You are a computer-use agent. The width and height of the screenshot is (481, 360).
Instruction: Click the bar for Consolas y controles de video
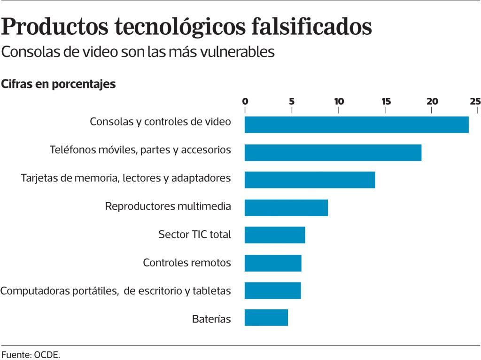click(357, 125)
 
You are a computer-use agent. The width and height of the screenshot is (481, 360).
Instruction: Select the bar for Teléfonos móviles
click(333, 153)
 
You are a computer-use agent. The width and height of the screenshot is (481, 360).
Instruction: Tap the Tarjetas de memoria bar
click(310, 180)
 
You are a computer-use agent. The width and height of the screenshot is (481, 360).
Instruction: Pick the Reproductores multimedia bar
click(286, 208)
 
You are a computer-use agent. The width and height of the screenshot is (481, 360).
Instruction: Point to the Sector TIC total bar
click(275, 235)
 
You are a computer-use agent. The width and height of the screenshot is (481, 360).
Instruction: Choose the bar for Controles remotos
click(273, 263)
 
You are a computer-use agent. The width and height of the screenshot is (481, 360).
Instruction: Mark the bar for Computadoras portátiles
click(273, 290)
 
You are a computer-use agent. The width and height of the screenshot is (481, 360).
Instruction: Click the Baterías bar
click(266, 318)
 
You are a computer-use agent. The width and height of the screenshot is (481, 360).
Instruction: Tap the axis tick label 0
click(245, 101)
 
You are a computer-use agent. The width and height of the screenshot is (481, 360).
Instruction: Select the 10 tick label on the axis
click(339, 101)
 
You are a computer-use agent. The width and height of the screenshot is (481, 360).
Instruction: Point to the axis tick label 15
click(386, 101)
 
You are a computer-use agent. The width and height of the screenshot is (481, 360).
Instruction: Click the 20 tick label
click(433, 101)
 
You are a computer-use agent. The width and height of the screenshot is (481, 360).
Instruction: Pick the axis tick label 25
click(475, 101)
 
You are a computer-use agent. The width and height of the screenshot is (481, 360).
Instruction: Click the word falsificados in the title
click(312, 26)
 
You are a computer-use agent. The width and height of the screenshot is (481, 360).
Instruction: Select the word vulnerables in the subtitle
click(237, 52)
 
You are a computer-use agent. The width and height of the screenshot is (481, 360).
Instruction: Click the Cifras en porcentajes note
click(58, 84)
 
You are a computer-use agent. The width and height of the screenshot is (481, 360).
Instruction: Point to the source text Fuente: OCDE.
click(31, 355)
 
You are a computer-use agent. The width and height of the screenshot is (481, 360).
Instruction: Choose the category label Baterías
click(211, 319)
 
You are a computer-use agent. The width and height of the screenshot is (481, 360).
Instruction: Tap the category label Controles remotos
click(187, 263)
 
